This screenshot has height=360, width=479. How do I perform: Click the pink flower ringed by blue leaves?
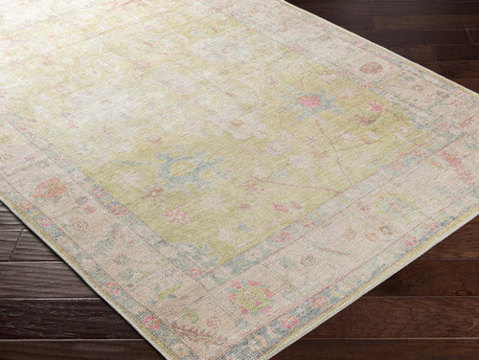pyautogui.click(x=311, y=101)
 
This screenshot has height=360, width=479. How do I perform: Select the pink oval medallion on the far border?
pyautogui.click(x=371, y=68)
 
